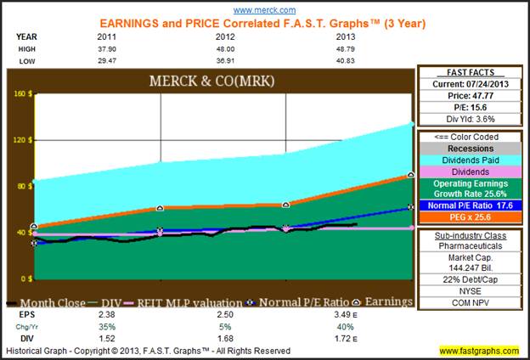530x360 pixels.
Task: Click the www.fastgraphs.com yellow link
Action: pos(479,351)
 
